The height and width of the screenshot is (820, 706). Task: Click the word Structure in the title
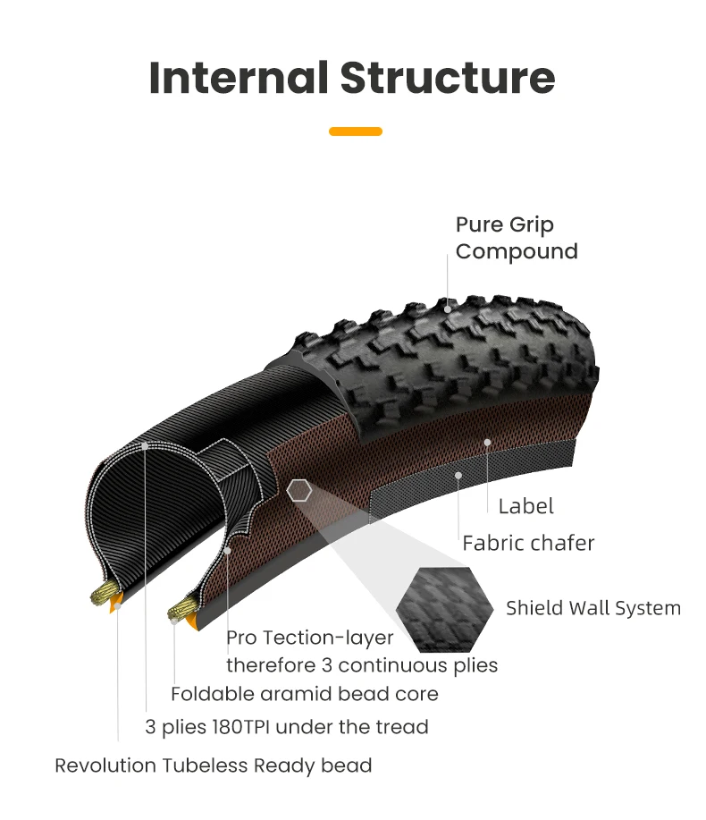pyautogui.click(x=447, y=78)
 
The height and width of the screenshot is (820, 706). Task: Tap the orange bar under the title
pyautogui.click(x=355, y=131)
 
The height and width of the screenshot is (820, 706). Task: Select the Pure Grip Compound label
pyautogui.click(x=517, y=238)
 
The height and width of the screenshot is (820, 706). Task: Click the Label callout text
pyautogui.click(x=525, y=506)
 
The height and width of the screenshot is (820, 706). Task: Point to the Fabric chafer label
pyautogui.click(x=528, y=543)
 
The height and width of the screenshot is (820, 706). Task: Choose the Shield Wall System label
pyautogui.click(x=593, y=608)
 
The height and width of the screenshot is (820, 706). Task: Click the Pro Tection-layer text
pyautogui.click(x=309, y=638)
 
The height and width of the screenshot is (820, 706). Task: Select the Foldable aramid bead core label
pyautogui.click(x=305, y=694)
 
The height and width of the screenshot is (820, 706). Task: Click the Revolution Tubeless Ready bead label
pyautogui.click(x=213, y=765)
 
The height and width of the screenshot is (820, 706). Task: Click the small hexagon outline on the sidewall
pyautogui.click(x=298, y=490)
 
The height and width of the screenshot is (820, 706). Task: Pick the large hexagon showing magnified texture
pyautogui.click(x=445, y=607)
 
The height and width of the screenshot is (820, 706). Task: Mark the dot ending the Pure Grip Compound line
pyautogui.click(x=448, y=309)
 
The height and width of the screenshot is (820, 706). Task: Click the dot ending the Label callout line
pyautogui.click(x=487, y=442)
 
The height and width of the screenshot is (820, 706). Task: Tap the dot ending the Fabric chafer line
pyautogui.click(x=458, y=475)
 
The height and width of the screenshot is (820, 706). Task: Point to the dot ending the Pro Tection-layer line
pyautogui.click(x=228, y=550)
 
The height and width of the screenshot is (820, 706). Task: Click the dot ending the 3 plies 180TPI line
pyautogui.click(x=145, y=444)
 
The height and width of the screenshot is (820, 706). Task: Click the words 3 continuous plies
pyautogui.click(x=417, y=665)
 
